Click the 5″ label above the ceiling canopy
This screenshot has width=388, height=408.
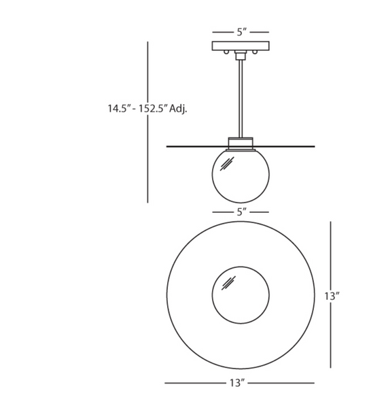(241, 32)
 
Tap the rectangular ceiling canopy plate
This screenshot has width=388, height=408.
(241, 46)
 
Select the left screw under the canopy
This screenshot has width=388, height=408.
(226, 52)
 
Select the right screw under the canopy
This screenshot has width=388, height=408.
(255, 52)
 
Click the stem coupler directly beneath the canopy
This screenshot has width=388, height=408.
(241, 54)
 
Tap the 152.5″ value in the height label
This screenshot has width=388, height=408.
(153, 108)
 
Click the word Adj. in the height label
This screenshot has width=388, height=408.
(179, 108)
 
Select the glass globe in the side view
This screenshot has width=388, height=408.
(241, 177)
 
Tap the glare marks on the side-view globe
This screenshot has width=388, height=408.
(227, 163)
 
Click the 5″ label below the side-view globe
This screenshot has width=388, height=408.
(241, 212)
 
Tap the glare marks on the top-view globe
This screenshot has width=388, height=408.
(228, 282)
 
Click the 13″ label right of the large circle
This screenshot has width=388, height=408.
(331, 296)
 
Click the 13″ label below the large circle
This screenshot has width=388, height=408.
(236, 384)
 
